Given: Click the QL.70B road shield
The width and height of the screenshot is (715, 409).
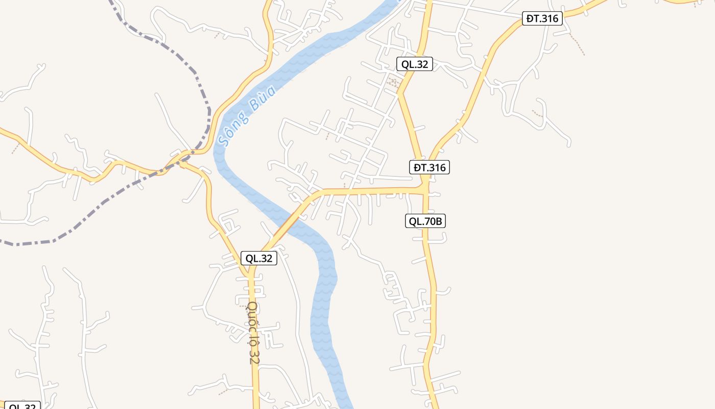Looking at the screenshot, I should tap(425, 221).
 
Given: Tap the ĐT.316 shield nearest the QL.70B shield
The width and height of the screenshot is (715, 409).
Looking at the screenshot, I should tap(430, 167).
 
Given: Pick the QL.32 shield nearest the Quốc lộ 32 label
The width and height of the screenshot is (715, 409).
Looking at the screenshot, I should tap(259, 258).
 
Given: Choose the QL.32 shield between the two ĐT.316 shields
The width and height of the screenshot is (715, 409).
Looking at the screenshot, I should tap(415, 64).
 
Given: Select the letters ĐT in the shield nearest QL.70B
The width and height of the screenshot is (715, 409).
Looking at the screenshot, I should tap(420, 167).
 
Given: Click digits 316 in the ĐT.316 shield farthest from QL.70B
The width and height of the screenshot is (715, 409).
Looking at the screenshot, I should tap(549, 19).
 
